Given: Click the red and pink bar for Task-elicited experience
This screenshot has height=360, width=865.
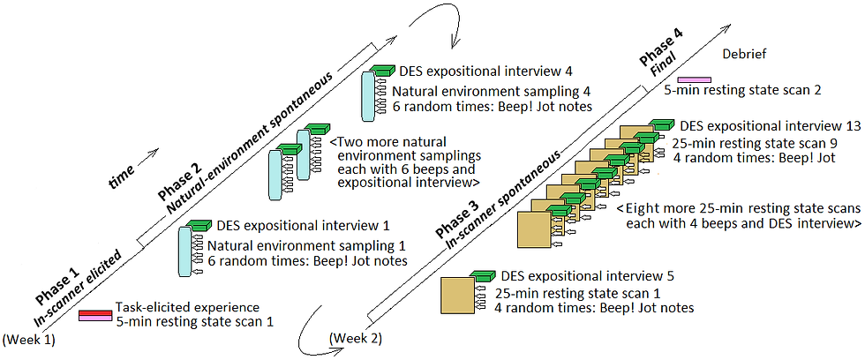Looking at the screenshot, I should pyautogui.click(x=94, y=315).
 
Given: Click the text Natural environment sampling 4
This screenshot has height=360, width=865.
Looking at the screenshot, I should pyautogui.click(x=491, y=90).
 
